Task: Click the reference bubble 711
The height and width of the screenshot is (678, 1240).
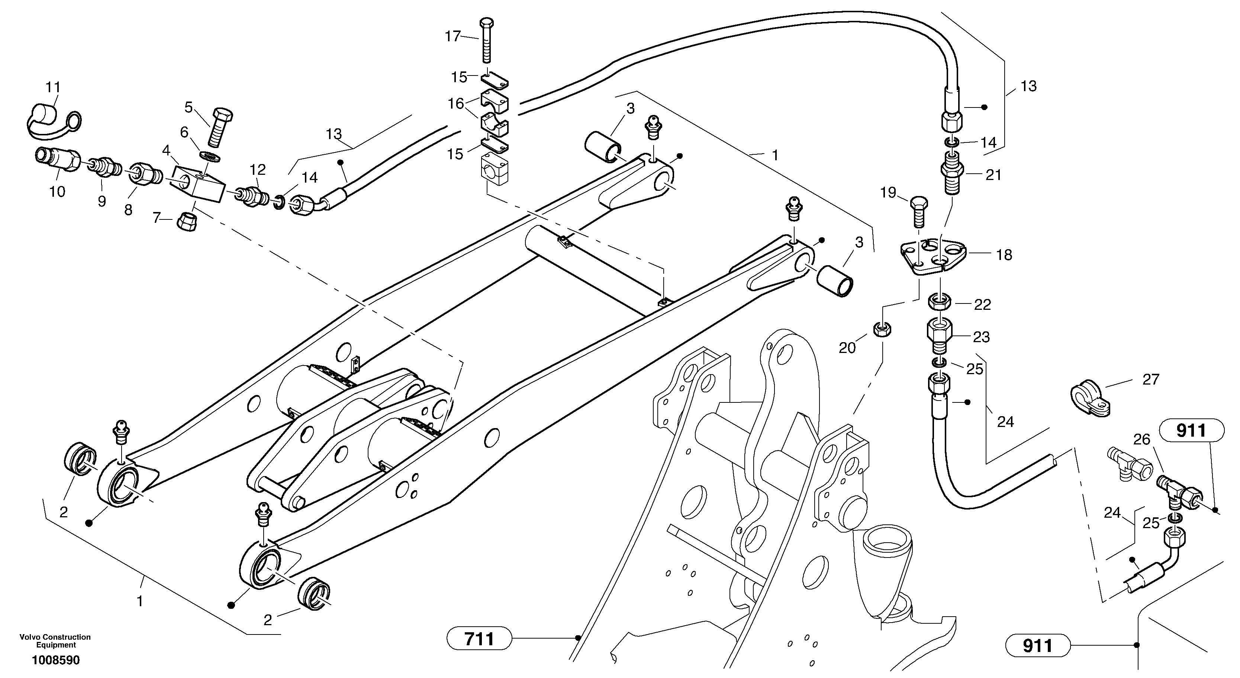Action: tap(479, 639)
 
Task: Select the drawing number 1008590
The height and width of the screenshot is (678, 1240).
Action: tap(56, 660)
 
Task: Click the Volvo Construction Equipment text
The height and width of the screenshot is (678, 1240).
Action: tap(55, 641)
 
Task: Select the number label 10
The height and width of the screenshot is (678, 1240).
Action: tap(57, 192)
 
